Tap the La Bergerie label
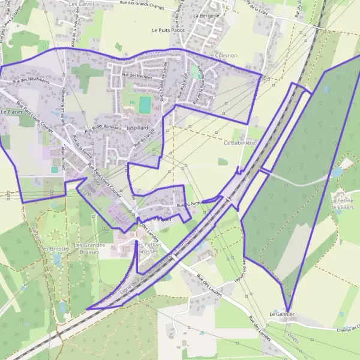pyautogui.click(x=206, y=16)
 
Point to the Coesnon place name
pyautogui.click(x=226, y=56)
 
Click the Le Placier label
pyautogui.click(x=11, y=112)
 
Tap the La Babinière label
pyautogui.click(x=239, y=143)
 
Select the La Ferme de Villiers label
pyautogui.click(x=343, y=203)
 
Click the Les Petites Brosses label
pyautogui.click(x=148, y=248)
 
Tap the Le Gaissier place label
pyautogui.click(x=281, y=314)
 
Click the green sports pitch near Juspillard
pyautogui.click(x=145, y=105)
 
